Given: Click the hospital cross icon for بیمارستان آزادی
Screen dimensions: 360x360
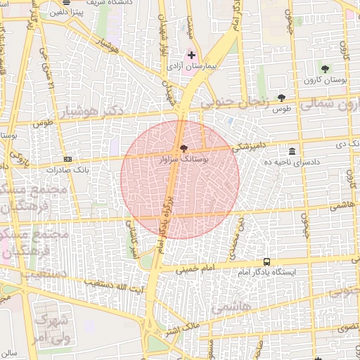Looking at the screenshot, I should (191, 54).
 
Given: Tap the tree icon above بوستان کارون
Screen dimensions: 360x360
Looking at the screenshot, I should (325, 69).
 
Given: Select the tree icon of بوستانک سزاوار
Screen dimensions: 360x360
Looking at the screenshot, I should (184, 148).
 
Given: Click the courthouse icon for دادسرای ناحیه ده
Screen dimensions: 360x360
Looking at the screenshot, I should (292, 151).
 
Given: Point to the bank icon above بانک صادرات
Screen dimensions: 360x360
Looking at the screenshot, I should (67, 160).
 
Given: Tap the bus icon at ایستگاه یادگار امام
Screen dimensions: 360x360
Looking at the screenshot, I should (266, 262).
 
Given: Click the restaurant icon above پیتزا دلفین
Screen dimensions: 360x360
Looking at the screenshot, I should (66, 3).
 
